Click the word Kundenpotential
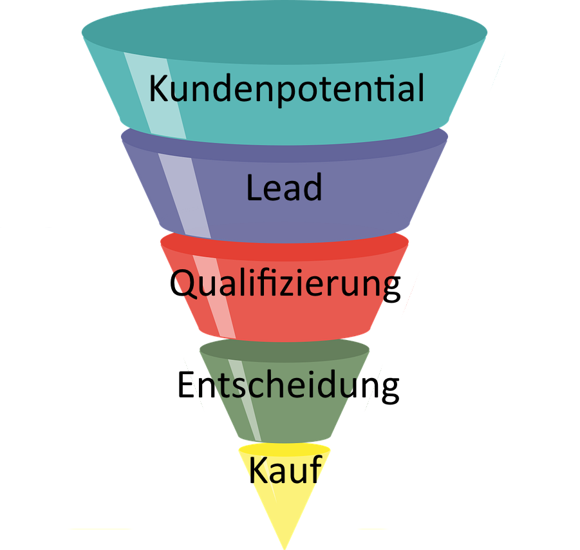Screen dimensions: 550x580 (286, 89)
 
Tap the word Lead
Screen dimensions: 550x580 (284, 188)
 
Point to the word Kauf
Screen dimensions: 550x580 (284, 471)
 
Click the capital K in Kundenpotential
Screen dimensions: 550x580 (159, 89)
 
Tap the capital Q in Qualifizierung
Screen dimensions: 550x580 (188, 284)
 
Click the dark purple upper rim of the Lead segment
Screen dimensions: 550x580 (284, 145)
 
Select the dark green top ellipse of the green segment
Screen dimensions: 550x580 (284, 352)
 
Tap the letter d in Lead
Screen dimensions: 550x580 (312, 188)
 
